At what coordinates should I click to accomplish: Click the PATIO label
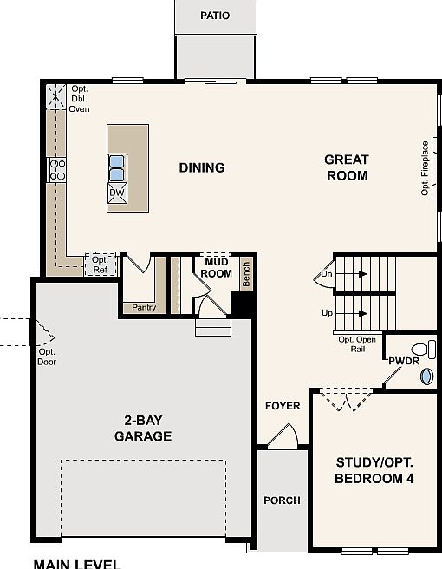[x=215, y=16]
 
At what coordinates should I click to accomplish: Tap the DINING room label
[x=202, y=167]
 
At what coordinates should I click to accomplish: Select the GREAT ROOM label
[x=347, y=167]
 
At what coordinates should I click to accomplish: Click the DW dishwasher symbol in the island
[x=116, y=193]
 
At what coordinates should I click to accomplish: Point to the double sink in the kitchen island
[x=116, y=163]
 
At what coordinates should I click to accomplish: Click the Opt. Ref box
[x=100, y=264]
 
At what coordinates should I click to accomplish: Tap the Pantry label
[x=143, y=307]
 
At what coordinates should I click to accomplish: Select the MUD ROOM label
[x=217, y=267]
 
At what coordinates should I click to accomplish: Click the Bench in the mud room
[x=246, y=274]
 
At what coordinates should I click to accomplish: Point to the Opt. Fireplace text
[x=426, y=168]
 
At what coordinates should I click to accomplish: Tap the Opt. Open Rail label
[x=357, y=344]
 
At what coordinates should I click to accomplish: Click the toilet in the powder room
[x=419, y=350]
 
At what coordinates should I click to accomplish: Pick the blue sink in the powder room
[x=427, y=376]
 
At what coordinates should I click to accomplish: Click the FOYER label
[x=283, y=406]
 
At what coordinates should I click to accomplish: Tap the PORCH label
[x=282, y=500]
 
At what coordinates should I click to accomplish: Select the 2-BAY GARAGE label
[x=143, y=428]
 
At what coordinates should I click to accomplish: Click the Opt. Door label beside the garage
[x=47, y=356]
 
